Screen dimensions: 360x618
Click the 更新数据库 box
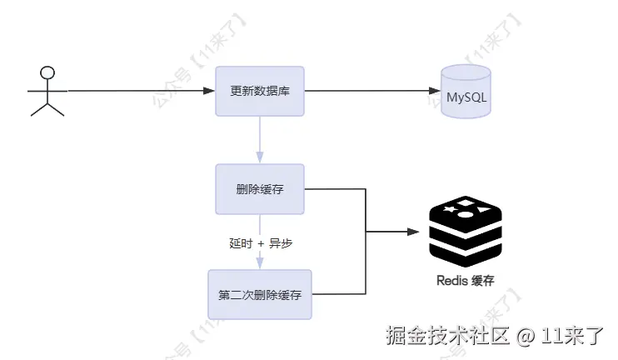[260, 92]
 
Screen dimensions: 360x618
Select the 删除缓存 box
[260, 189]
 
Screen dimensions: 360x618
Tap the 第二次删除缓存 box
[260, 294]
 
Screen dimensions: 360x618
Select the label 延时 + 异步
[261, 243]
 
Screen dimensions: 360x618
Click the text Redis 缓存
[466, 281]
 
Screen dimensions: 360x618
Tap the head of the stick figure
[48, 71]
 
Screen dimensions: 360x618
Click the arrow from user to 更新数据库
[137, 90]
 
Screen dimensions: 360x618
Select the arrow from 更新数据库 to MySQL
[371, 90]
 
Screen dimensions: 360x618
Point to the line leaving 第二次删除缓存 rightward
[337, 293]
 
